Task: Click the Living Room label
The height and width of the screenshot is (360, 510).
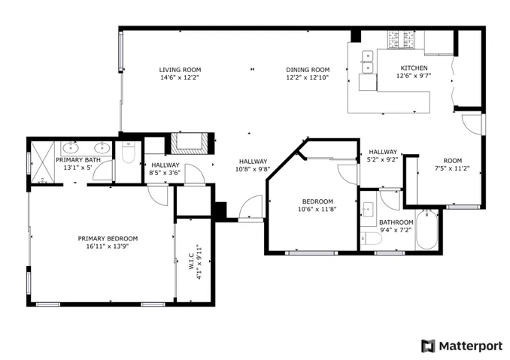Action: tap(180, 70)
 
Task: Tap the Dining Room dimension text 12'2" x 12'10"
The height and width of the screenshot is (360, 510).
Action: tap(308, 77)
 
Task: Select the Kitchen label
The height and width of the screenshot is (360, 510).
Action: tap(414, 68)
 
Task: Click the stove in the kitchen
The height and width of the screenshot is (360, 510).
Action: tap(400, 40)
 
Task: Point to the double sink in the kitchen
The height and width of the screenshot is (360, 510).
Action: tap(368, 62)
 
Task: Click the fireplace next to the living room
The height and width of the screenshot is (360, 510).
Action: tap(190, 144)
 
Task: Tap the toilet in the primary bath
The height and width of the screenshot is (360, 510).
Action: tap(129, 153)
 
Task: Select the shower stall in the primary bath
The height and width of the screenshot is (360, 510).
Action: tap(43, 162)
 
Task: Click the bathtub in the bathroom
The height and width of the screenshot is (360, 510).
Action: tap(427, 230)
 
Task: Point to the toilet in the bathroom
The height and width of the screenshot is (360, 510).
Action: tap(371, 239)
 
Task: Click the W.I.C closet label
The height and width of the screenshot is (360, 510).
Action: tap(191, 262)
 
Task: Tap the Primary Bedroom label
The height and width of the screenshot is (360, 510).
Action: tap(108, 238)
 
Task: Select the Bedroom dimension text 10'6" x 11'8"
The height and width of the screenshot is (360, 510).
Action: tap(317, 209)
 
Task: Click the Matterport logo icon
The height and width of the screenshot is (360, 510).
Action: tap(428, 346)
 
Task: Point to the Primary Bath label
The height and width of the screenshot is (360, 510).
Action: tap(78, 160)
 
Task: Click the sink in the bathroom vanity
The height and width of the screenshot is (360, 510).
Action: tap(368, 208)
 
